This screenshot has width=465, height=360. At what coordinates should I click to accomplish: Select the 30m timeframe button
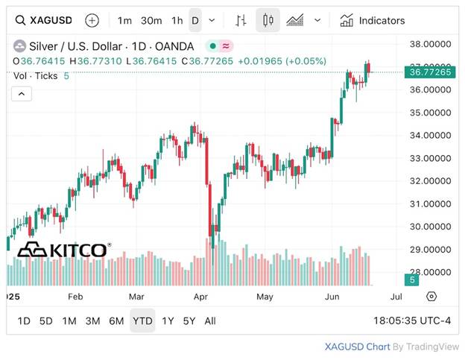tap(151, 20)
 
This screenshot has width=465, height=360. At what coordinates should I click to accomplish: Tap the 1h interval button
tap(177, 20)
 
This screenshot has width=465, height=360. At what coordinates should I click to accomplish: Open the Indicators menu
tap(373, 20)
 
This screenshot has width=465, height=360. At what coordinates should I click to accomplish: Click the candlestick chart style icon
tap(268, 20)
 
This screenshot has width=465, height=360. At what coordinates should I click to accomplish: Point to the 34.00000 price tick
tap(431, 135)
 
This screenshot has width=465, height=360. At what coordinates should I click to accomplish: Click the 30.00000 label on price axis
tap(431, 227)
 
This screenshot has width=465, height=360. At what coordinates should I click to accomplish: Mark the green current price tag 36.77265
tap(431, 72)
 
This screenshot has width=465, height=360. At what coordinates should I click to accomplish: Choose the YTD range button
tap(142, 320)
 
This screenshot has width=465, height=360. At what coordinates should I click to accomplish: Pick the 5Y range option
tap(189, 320)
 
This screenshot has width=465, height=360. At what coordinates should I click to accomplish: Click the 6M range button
tap(116, 320)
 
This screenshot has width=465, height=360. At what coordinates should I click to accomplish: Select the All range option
tap(210, 320)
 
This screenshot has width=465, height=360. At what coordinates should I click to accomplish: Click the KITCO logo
tap(64, 250)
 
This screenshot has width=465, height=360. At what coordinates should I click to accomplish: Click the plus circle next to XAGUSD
tap(92, 20)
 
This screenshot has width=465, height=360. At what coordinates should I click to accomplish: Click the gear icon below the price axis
tap(431, 296)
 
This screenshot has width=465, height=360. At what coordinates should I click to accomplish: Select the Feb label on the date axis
tap(75, 296)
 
